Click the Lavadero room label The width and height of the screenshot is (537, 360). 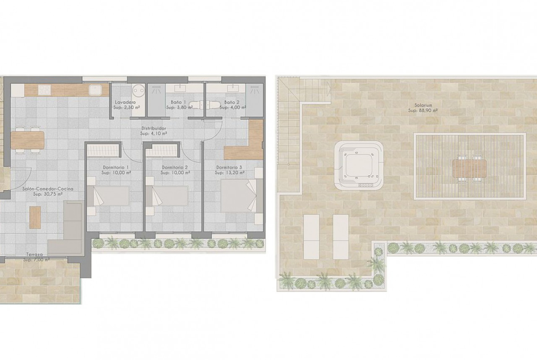(x=125, y=102)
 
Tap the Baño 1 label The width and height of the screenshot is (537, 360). (x=178, y=102)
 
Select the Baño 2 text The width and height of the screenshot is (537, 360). (x=232, y=102)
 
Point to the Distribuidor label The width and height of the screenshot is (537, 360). (x=154, y=129)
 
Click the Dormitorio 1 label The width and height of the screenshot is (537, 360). (x=116, y=168)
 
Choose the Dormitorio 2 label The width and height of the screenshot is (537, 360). (x=175, y=168)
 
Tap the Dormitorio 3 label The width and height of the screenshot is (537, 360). (x=229, y=168)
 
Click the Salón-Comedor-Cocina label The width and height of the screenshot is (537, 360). (x=48, y=188)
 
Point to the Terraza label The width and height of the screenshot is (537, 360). (x=34, y=255)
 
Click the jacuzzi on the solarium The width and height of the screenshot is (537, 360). (x=358, y=165)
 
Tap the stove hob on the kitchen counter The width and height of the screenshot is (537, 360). (x=45, y=90)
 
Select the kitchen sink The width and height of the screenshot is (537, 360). (x=95, y=90)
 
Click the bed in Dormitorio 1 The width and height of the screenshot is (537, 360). (x=108, y=196)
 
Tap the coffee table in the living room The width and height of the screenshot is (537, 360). (x=35, y=217)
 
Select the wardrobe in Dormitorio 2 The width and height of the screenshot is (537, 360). (x=162, y=150)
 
